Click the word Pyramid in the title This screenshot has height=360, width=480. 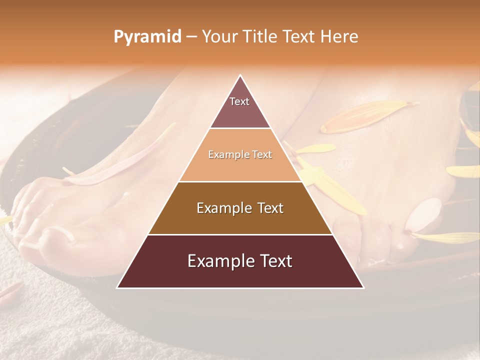[x=147, y=37]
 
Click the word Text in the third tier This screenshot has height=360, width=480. [x=268, y=208]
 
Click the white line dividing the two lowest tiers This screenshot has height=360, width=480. [x=240, y=234]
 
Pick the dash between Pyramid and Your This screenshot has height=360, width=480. [x=191, y=37]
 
